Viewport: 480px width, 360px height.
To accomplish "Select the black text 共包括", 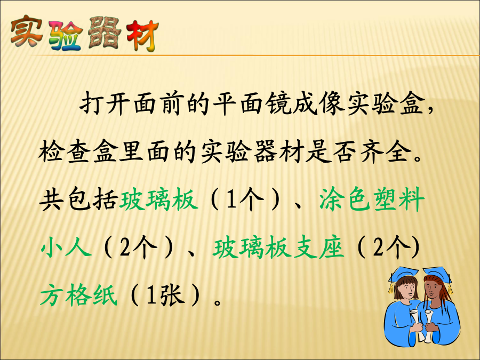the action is click(x=79, y=199).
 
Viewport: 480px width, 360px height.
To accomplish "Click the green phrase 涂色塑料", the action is click(x=372, y=199).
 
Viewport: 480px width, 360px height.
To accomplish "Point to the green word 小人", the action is click(x=66, y=247).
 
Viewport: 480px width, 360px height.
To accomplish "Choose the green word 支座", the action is click(x=318, y=247).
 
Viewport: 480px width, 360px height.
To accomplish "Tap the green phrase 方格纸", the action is click(x=79, y=295).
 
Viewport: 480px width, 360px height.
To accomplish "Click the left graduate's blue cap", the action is click(x=404, y=274).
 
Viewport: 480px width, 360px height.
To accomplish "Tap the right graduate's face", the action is click(x=432, y=289).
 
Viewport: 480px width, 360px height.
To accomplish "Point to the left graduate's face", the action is click(x=406, y=289).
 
